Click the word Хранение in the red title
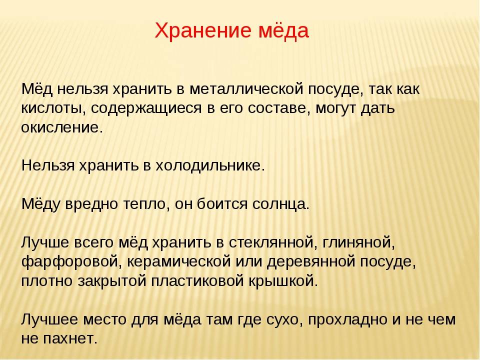(x=203, y=30)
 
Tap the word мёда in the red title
(x=284, y=30)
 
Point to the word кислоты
(x=53, y=108)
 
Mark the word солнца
(x=281, y=204)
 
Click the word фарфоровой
(x=70, y=262)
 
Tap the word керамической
(x=179, y=262)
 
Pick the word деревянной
(x=311, y=262)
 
